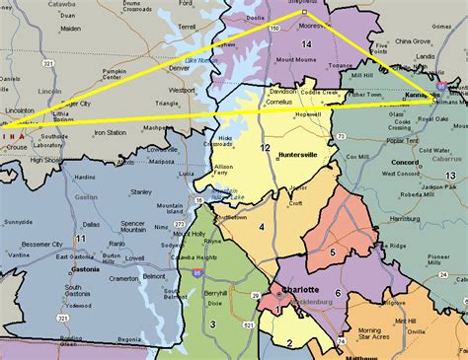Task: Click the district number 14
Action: tap(306, 44)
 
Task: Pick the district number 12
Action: tap(265, 147)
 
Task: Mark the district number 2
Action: tap(289, 342)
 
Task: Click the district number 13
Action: tap(450, 175)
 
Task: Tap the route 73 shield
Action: tap(341, 136)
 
